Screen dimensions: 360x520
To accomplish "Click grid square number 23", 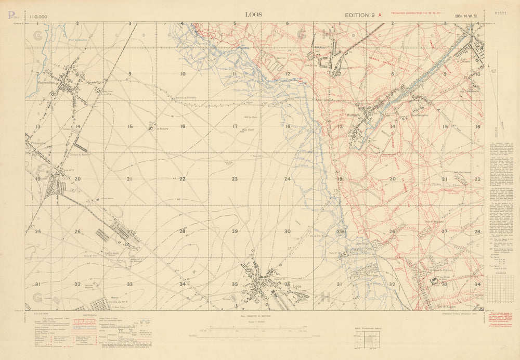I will point(235,179).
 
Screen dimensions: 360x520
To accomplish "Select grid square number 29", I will point(235,231).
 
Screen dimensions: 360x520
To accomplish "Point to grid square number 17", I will point(235,126).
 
